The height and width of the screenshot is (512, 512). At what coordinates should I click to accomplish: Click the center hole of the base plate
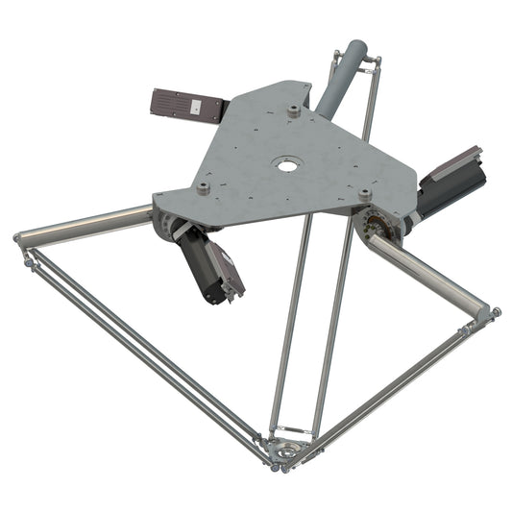click(284, 164)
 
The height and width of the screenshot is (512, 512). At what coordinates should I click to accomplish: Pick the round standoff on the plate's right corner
click(365, 195)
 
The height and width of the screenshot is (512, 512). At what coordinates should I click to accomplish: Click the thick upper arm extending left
click(86, 223)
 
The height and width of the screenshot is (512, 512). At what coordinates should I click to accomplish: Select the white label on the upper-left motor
click(196, 109)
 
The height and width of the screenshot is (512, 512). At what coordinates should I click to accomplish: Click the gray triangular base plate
click(279, 154)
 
